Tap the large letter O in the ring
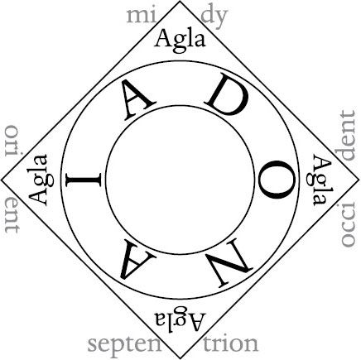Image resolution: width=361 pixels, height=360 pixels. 277,180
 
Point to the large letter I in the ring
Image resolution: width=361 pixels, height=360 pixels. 84,180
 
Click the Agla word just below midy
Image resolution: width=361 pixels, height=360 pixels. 180,41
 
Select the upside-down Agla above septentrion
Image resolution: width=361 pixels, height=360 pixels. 180,319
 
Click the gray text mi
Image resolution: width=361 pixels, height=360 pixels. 142,17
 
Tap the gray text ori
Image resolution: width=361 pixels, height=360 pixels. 12,141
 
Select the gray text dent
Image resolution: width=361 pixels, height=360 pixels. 348,136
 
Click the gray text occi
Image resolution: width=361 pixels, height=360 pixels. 348,224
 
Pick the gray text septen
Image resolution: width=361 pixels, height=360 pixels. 124,345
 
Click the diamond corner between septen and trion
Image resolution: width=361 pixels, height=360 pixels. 180,358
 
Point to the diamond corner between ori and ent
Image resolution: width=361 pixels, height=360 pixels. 2,180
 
